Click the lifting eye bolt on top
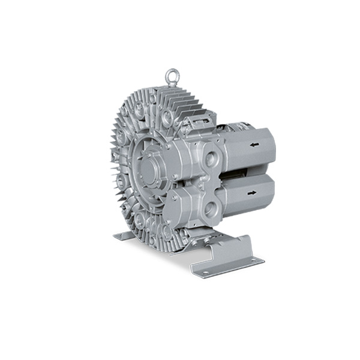click(172, 76)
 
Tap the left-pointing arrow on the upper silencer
click(255, 145)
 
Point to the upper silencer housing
click(246, 150)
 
